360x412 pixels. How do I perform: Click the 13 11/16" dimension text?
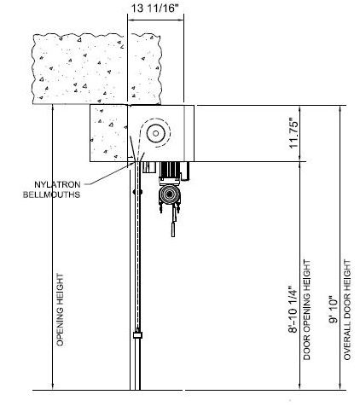click(156, 9)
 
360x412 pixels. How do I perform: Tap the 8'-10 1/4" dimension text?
click(293, 309)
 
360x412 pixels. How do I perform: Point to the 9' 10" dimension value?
click(333, 310)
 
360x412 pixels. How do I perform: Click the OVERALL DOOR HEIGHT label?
click(347, 310)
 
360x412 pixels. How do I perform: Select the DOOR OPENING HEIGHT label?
click(307, 310)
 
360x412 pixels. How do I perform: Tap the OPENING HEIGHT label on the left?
click(60, 310)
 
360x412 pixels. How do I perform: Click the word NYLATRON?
click(57, 184)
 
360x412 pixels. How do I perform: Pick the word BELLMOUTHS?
click(51, 194)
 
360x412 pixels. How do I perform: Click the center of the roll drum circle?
click(155, 133)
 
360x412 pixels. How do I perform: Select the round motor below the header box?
click(170, 194)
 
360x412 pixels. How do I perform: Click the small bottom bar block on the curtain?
click(137, 334)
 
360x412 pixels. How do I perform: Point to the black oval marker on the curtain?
click(137, 192)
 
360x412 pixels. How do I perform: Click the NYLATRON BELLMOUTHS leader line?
click(108, 174)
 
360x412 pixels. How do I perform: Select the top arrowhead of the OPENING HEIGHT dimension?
click(53, 107)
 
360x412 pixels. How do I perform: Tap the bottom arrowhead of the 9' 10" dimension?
click(340, 386)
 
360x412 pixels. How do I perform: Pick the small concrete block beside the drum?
click(108, 133)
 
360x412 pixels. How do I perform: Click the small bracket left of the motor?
click(148, 167)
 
